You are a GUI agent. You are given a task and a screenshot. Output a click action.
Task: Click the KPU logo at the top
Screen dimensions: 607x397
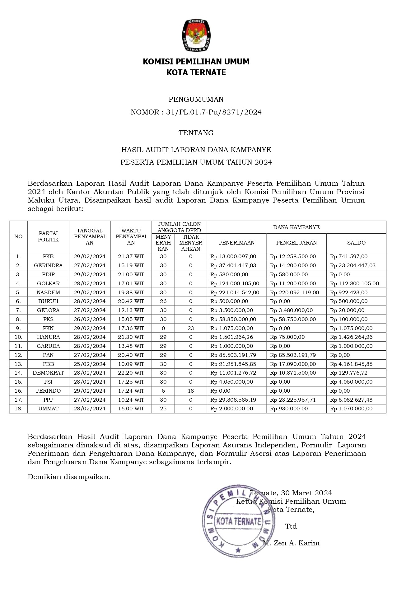point(196,35)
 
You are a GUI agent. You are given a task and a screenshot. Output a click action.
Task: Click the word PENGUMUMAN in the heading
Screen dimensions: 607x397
point(196,99)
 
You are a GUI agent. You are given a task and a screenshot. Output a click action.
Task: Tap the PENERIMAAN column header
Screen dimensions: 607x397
point(236,243)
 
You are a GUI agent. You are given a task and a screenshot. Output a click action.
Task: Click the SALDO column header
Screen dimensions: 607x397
point(356,243)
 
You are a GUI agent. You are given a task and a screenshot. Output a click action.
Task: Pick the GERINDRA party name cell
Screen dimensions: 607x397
point(48,265)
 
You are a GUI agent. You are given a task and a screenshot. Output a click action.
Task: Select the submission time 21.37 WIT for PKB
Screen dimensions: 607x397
point(131,256)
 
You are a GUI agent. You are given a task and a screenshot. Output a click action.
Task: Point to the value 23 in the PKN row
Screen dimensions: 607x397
point(191,328)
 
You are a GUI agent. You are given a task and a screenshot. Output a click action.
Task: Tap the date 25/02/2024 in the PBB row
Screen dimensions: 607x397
point(90,364)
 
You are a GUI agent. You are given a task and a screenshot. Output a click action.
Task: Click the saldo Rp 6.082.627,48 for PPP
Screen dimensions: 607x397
point(351,400)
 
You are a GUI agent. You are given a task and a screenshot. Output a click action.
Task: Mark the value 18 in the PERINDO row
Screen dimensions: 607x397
point(191,391)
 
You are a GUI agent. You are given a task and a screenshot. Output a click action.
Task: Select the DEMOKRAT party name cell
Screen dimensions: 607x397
point(48,373)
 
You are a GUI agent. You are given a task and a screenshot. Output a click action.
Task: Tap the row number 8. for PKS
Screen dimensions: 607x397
point(18,319)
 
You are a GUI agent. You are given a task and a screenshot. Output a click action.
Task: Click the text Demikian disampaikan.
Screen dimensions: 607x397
point(69,477)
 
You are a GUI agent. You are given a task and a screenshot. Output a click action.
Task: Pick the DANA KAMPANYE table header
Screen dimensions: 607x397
point(296,227)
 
